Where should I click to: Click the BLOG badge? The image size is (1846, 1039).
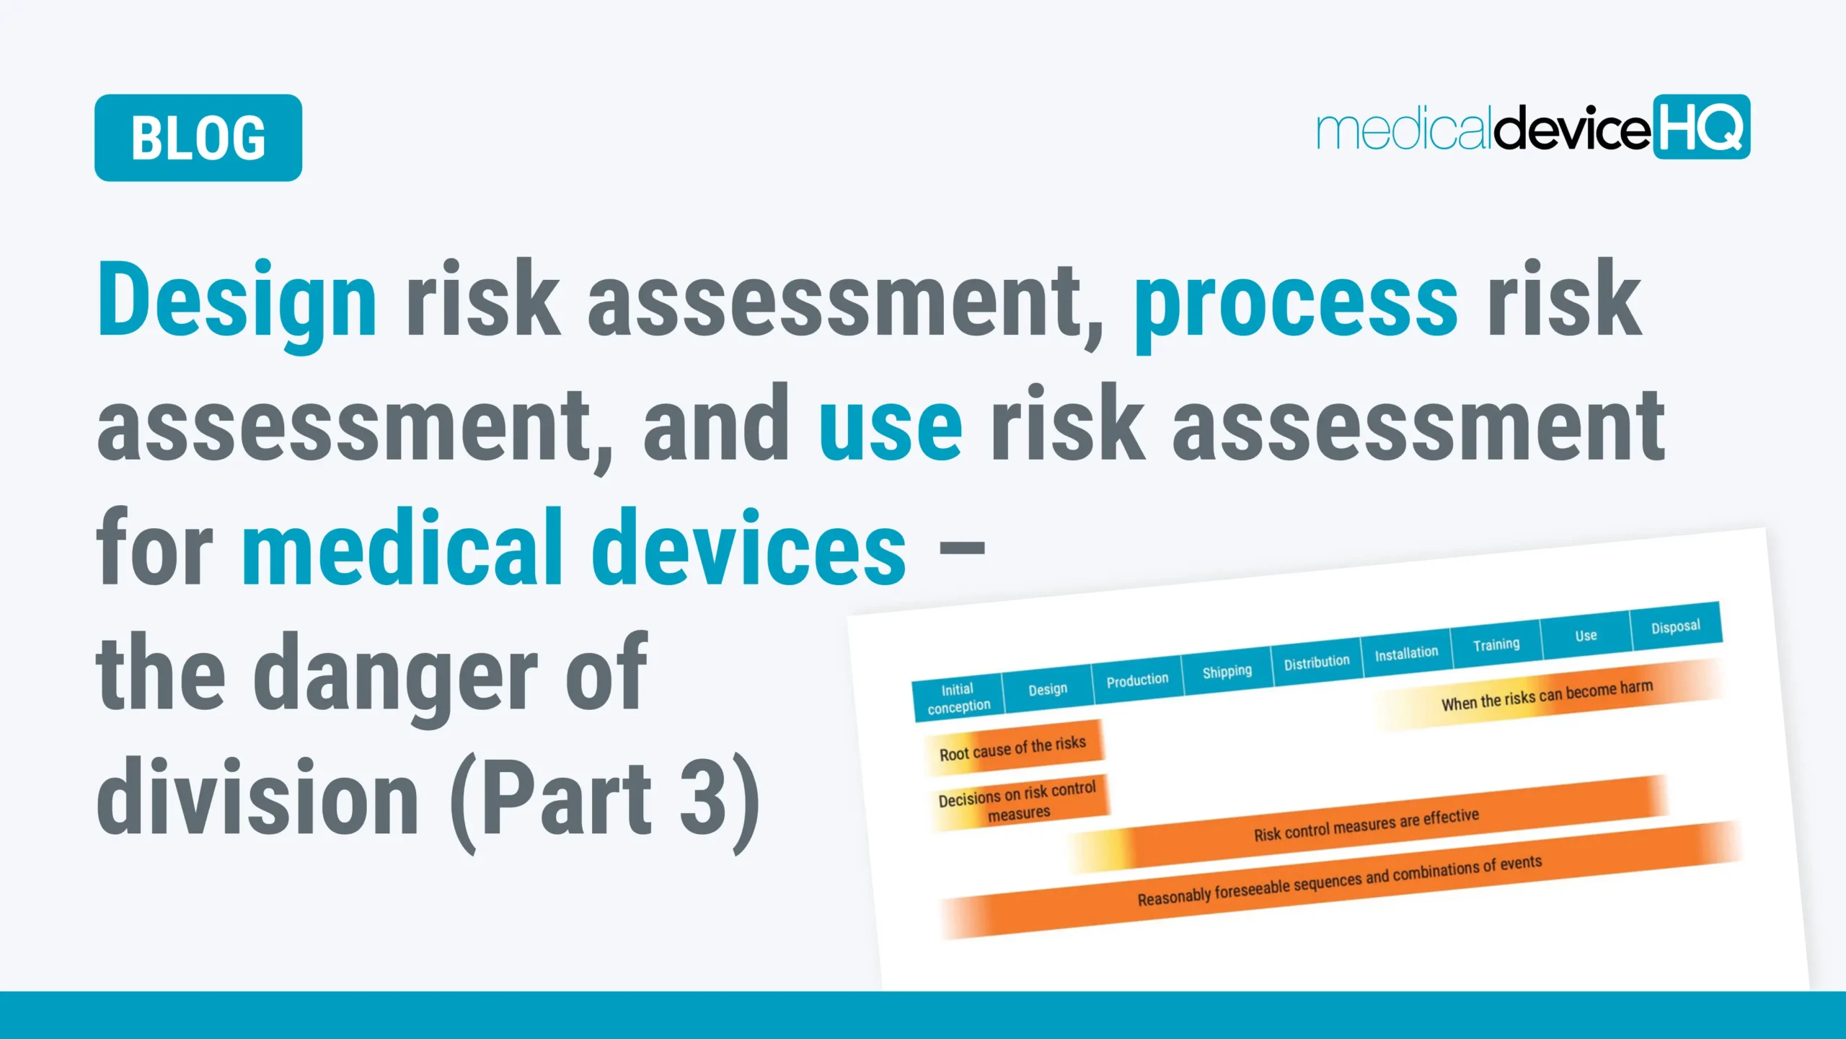tap(198, 138)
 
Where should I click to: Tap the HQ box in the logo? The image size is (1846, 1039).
tap(1701, 127)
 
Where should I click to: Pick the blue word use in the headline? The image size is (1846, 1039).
tap(891, 426)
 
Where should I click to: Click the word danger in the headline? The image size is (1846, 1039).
tap(395, 675)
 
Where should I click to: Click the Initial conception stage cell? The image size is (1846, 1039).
tap(958, 698)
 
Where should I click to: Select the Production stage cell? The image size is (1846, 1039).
tap(1137, 680)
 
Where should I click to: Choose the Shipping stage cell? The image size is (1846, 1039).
tap(1227, 671)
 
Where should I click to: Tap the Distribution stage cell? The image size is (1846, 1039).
tap(1316, 662)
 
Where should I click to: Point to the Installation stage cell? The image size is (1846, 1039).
tap(1406, 653)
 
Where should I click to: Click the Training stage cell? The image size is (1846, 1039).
tap(1496, 644)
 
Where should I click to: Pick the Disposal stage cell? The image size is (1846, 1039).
tap(1675, 626)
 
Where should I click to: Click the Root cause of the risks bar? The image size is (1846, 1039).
tap(1012, 748)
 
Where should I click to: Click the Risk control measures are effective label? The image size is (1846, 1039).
tap(1366, 825)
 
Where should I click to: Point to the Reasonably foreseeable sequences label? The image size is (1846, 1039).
tap(1339, 880)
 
